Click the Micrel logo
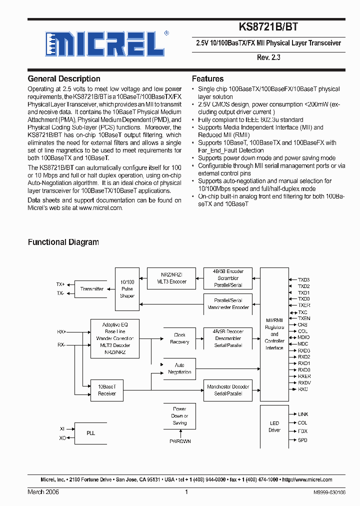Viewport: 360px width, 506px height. coord(104,43)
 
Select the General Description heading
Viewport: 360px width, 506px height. coord(63,79)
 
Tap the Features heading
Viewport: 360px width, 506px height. coord(207,79)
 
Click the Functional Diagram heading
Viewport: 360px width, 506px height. coord(63,242)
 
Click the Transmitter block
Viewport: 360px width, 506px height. coord(92,289)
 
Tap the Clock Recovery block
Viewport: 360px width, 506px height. coord(179,338)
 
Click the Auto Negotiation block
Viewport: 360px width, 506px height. coord(179,368)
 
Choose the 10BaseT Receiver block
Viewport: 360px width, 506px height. coord(107,390)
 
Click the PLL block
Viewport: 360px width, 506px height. coord(90,433)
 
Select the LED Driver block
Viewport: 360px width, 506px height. coord(274,426)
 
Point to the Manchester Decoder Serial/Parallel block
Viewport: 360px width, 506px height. coord(228,390)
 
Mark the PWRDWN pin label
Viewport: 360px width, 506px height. coord(179,441)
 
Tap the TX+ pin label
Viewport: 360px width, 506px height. coord(60,284)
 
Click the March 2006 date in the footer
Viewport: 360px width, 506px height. coord(43,492)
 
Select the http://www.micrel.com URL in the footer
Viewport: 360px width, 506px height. coord(307,479)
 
